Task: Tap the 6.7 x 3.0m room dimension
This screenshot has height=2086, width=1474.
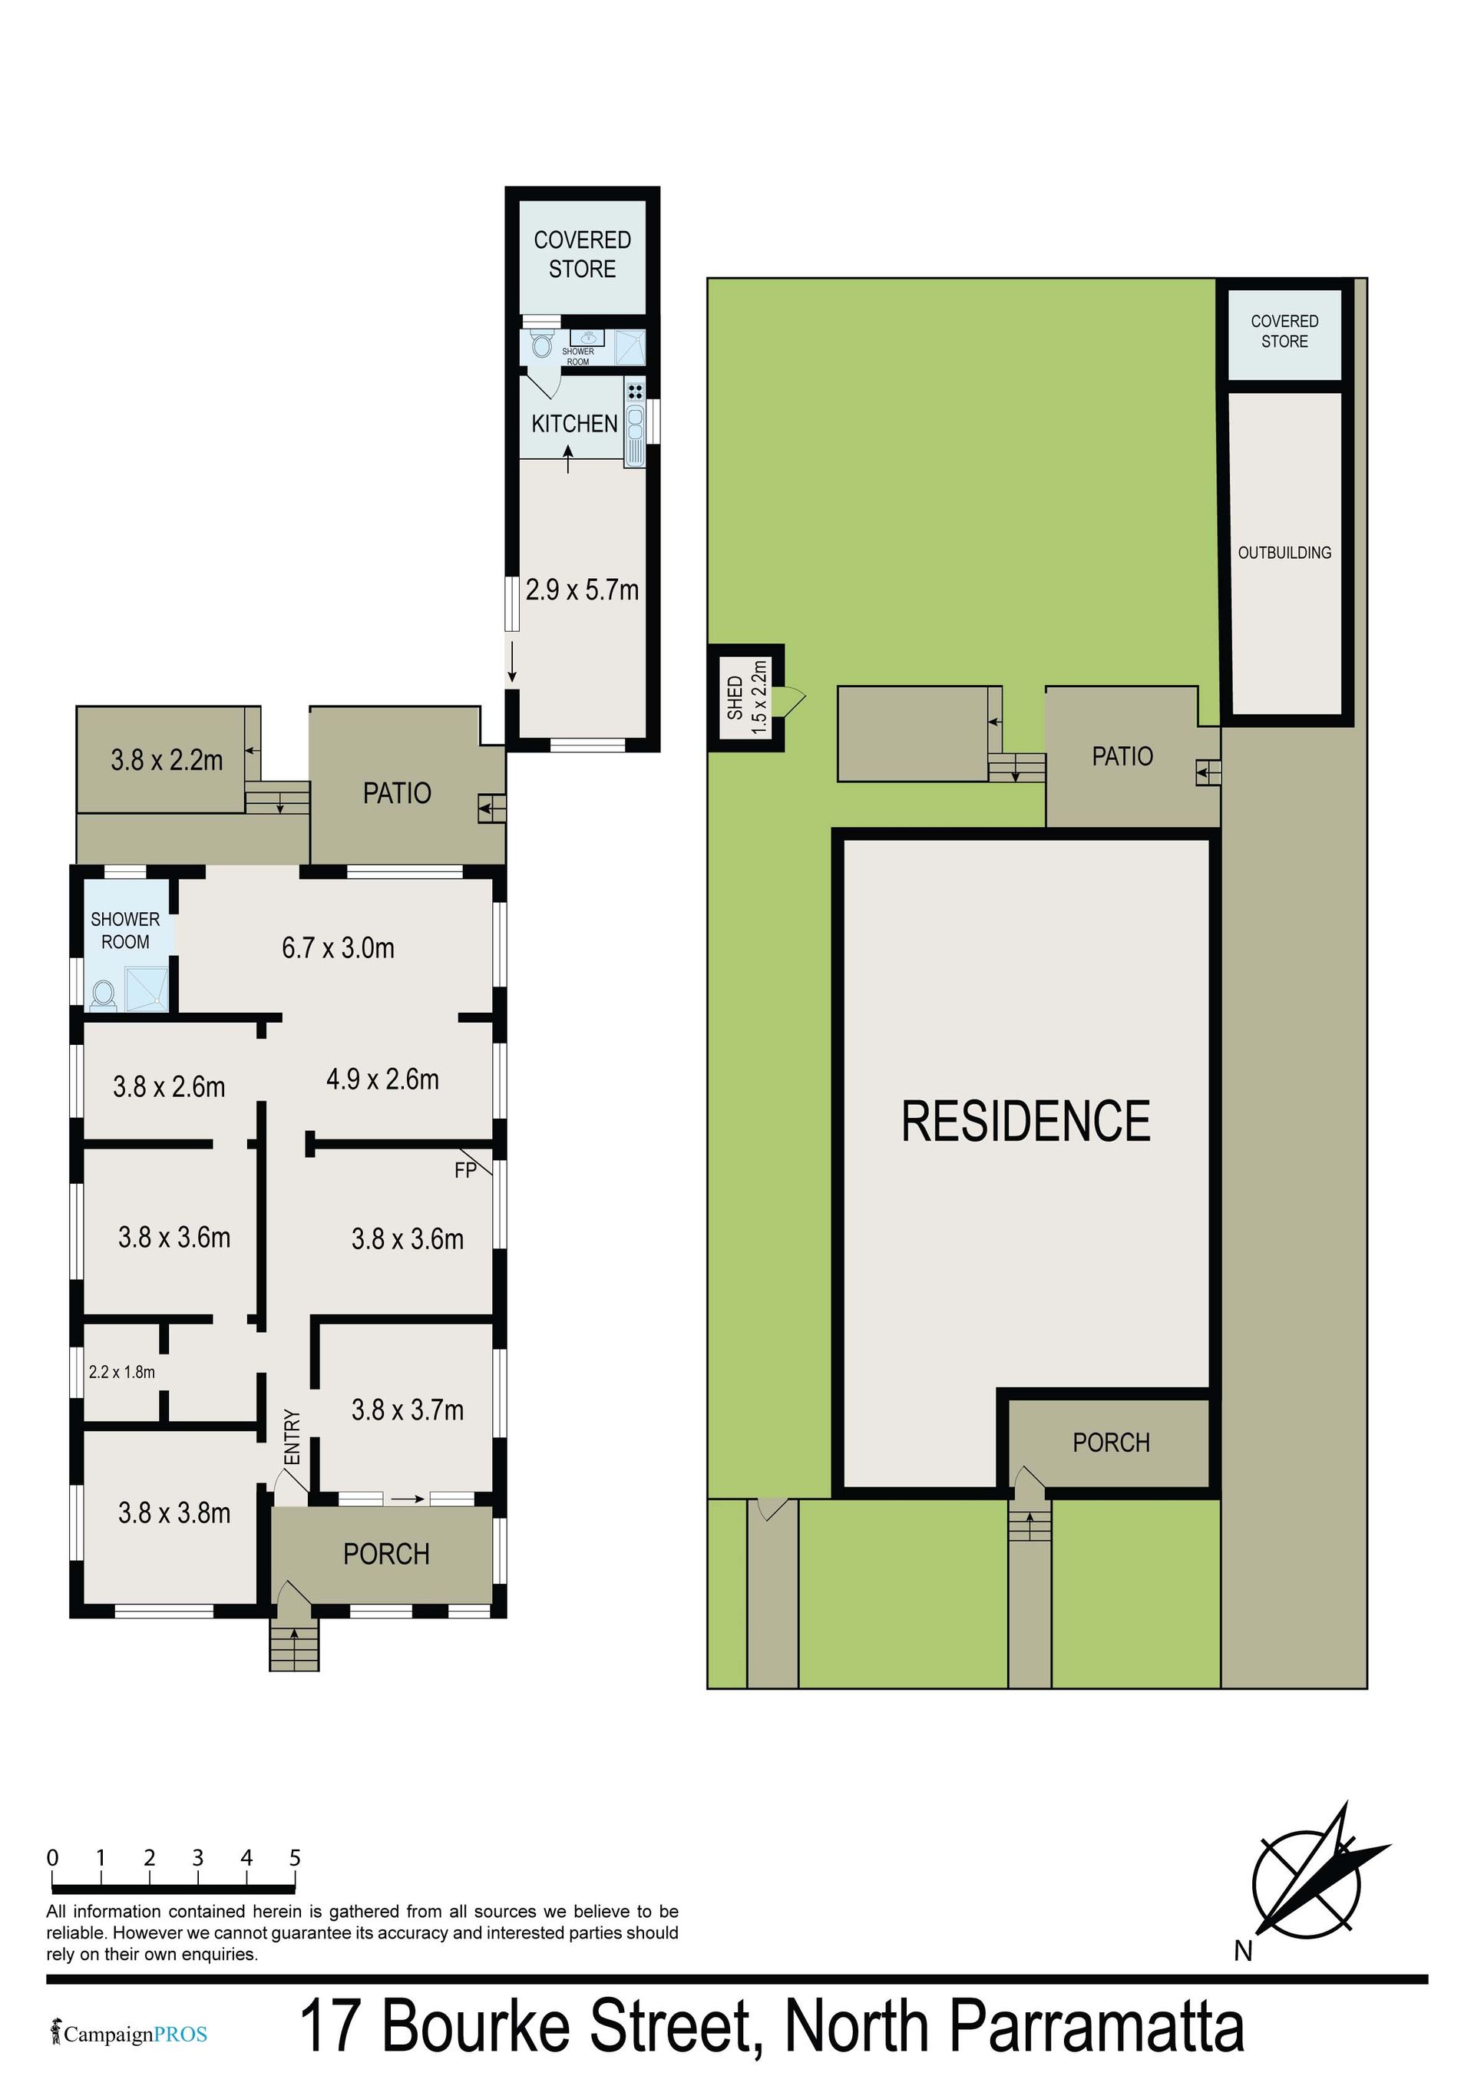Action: tap(338, 947)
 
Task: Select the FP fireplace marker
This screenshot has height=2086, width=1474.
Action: tap(465, 1171)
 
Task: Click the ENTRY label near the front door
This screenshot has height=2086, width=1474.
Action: tap(292, 1436)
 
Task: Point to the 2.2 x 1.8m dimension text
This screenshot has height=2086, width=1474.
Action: tap(122, 1372)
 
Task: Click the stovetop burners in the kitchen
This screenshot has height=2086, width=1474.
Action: tap(635, 392)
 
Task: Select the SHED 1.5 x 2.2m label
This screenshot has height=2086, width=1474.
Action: tap(747, 697)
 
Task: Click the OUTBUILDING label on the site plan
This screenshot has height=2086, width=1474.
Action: tap(1284, 552)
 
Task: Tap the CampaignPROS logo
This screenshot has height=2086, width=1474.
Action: tap(129, 2035)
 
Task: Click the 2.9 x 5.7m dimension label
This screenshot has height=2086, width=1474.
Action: tap(583, 590)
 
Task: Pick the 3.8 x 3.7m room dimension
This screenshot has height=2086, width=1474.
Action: tap(408, 1410)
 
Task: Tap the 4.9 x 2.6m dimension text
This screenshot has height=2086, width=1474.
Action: tap(382, 1079)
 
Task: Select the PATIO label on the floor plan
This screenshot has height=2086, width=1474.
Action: tap(397, 793)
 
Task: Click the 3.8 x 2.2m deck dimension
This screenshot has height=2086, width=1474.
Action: tap(167, 759)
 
